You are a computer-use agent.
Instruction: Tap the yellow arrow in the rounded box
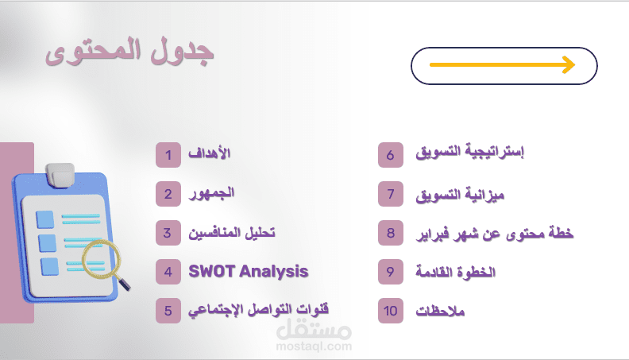(x=501, y=65)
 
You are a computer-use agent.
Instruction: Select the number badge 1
(x=168, y=154)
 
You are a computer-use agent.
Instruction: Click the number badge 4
(x=168, y=272)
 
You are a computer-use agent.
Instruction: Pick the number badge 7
(x=391, y=194)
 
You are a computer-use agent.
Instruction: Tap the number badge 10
(x=391, y=312)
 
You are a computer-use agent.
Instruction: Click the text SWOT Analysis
(x=249, y=272)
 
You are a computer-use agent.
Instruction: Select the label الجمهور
(x=211, y=194)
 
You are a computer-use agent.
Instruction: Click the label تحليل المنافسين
(x=230, y=233)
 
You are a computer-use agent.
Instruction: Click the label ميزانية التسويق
(x=461, y=194)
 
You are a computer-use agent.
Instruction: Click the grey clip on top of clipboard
(x=59, y=175)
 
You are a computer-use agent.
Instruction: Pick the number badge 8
(x=391, y=234)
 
